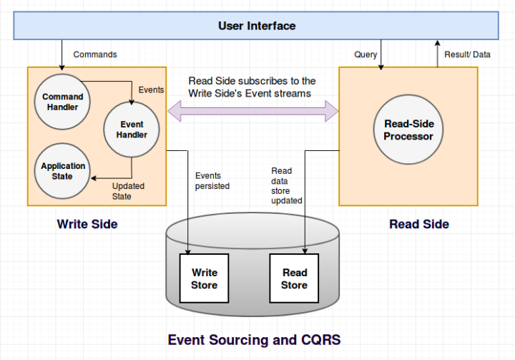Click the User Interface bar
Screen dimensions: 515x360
(256, 26)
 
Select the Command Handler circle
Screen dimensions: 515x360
(62, 102)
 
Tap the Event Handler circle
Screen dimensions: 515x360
(132, 130)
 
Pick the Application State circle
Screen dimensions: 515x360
(62, 171)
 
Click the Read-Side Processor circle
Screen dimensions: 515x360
(408, 130)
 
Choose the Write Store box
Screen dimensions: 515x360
(204, 278)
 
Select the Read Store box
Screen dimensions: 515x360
(294, 278)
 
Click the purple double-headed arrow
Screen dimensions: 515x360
(253, 111)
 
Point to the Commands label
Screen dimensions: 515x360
(95, 54)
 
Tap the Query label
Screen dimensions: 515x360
(366, 54)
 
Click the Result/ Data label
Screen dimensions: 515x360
(467, 54)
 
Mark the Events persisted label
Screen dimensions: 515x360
(212, 181)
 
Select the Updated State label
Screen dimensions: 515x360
(128, 191)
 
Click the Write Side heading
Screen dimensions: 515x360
(87, 224)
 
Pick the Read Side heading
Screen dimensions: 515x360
(419, 224)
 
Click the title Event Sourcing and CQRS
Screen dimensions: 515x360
(254, 340)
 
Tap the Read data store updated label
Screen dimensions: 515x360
(286, 186)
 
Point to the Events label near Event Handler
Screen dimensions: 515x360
(151, 89)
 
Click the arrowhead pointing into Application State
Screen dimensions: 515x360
(94, 178)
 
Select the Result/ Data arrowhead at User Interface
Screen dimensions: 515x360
(437, 43)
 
